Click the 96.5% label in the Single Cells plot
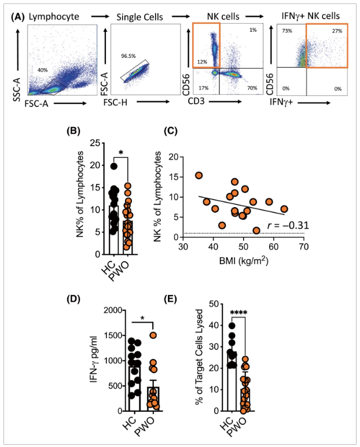pyautogui.click(x=128, y=56)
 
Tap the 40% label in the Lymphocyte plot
pyautogui.click(x=42, y=70)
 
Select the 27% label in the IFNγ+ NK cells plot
pyautogui.click(x=337, y=31)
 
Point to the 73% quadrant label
pyautogui.click(x=287, y=31)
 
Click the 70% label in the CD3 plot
pyautogui.click(x=252, y=88)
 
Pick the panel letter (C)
pyautogui.click(x=171, y=131)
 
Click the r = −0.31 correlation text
pyautogui.click(x=288, y=226)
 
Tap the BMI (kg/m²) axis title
pyautogui.click(x=244, y=260)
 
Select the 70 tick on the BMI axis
pyautogui.click(x=304, y=247)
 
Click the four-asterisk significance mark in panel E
pyautogui.click(x=238, y=313)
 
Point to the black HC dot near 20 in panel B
pyautogui.click(x=114, y=166)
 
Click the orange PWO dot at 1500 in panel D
pyautogui.click(x=153, y=335)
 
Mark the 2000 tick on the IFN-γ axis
pyautogui.click(x=113, y=310)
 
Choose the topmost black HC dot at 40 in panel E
pyautogui.click(x=232, y=326)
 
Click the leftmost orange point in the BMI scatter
pyautogui.click(x=199, y=176)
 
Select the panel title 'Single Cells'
pyautogui.click(x=140, y=17)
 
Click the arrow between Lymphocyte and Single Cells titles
pyautogui.click(x=100, y=17)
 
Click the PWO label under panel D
pyautogui.click(x=144, y=427)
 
